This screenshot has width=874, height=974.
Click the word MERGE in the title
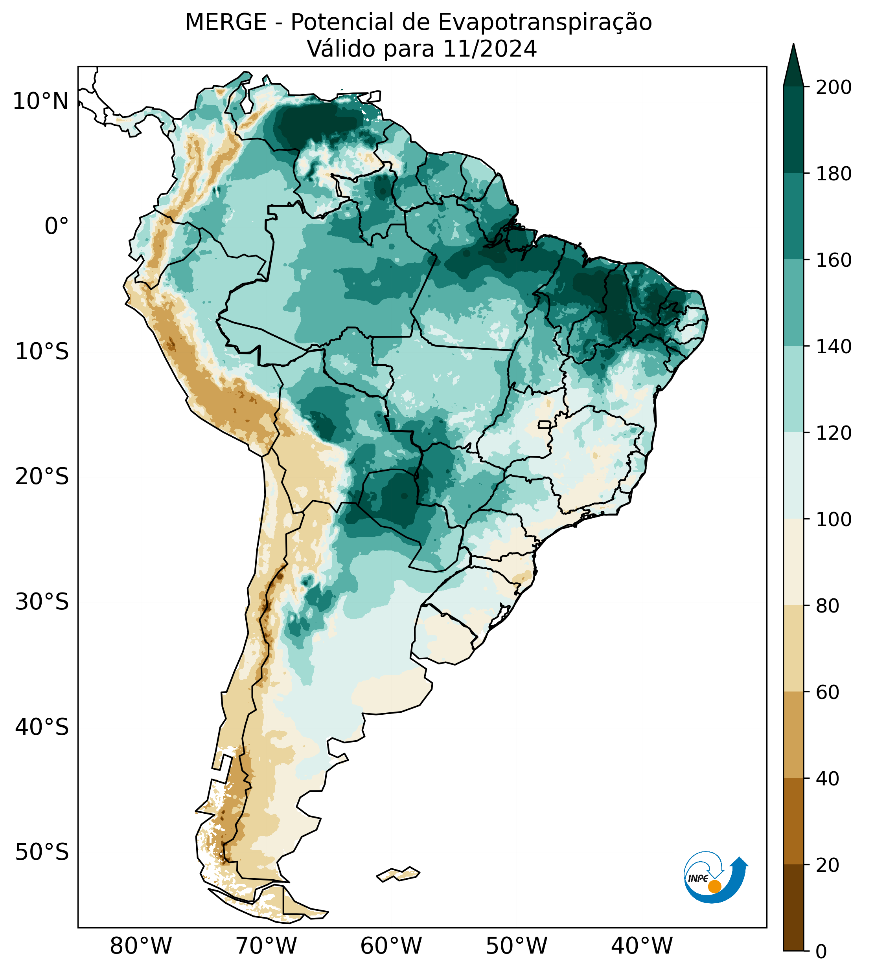tap(226, 22)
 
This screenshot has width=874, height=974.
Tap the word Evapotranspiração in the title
tap(545, 22)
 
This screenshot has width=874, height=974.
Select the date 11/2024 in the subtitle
tap(489, 49)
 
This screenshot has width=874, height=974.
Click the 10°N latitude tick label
tap(41, 102)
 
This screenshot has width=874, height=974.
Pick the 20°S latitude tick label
tap(42, 477)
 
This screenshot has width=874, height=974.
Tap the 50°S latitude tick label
tap(42, 853)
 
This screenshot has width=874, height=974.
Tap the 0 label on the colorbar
tap(822, 952)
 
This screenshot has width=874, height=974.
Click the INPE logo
tap(715, 877)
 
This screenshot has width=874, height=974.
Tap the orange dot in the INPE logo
tap(714, 886)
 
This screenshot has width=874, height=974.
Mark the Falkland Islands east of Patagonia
tap(399, 874)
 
